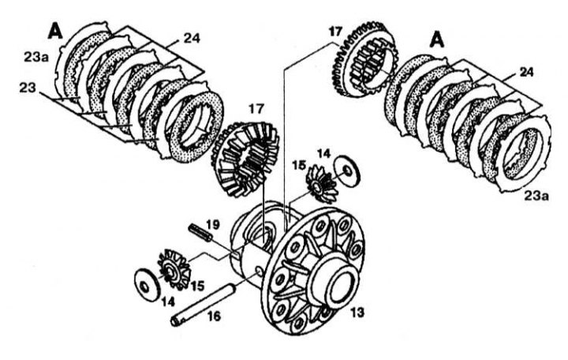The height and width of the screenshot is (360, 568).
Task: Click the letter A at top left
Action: point(55,31)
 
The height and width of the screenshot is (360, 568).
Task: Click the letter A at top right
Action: point(437,39)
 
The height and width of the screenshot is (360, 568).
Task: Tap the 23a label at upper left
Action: point(36,57)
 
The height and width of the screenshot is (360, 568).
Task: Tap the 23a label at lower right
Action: point(537,196)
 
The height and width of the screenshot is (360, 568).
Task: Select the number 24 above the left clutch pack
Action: point(192,38)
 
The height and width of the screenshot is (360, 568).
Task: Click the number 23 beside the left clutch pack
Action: point(28,88)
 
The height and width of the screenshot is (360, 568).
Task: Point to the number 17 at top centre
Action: point(335,31)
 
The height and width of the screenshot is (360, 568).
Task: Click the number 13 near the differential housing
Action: point(357,312)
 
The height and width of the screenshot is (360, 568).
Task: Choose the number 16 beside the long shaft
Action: point(214,316)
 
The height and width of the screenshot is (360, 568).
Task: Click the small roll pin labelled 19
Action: point(200,233)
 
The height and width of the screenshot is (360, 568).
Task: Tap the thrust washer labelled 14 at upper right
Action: point(346,171)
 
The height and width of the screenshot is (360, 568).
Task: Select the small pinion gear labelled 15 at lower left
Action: point(174,269)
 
